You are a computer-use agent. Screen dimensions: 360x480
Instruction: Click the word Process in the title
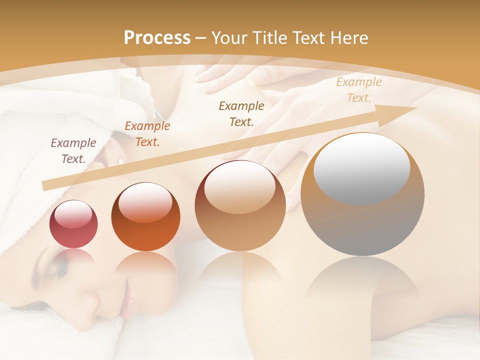tap(157, 37)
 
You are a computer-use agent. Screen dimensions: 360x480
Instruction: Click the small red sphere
tap(73, 224)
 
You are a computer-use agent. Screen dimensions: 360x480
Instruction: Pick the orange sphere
tap(145, 217)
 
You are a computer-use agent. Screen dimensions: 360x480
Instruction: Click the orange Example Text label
tap(147, 134)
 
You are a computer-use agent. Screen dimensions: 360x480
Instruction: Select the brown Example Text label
tap(241, 113)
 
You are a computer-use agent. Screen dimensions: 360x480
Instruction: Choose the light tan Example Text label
tap(358, 90)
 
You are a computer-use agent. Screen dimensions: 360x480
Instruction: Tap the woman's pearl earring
tap(120, 160)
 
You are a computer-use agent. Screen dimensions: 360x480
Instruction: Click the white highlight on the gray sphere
tap(361, 169)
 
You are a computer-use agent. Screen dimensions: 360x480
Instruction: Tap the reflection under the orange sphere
tap(145, 265)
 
